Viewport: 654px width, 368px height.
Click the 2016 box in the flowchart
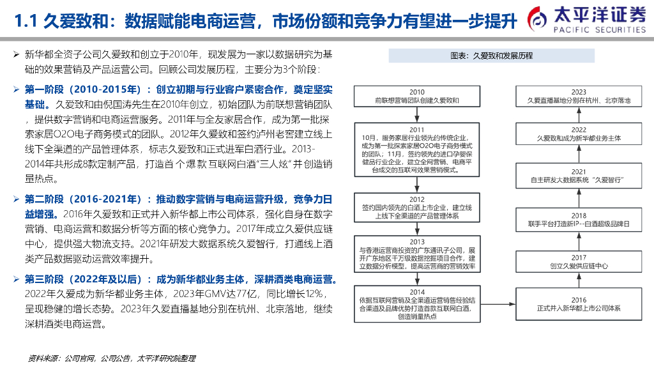click(579, 303)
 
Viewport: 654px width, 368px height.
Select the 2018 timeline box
click(579, 220)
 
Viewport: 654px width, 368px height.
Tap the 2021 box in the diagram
click(579, 176)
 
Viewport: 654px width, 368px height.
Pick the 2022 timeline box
click(579, 133)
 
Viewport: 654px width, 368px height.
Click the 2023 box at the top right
click(579, 96)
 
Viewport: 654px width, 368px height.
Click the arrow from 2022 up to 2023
click(579, 115)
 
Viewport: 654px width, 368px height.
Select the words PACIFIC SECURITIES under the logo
click(599, 29)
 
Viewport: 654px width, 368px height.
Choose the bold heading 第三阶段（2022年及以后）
click(82, 279)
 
